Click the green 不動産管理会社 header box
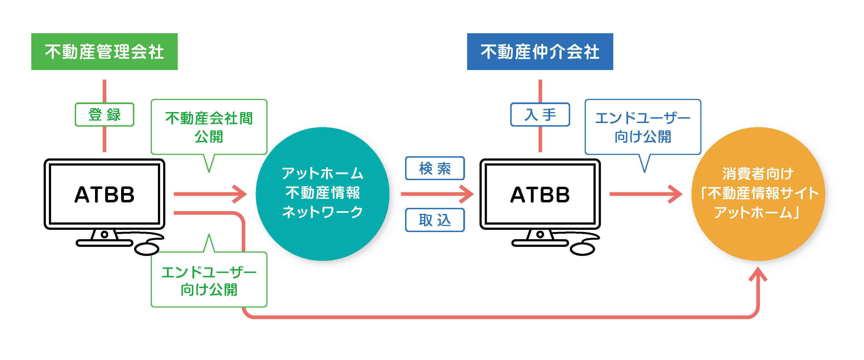(x=104, y=52)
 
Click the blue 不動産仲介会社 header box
(x=540, y=52)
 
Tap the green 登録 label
(x=104, y=115)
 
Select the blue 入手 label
(x=540, y=115)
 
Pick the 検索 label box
(x=435, y=168)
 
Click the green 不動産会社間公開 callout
(x=209, y=127)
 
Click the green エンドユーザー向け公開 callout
(x=209, y=280)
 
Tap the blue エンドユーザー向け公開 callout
(x=642, y=127)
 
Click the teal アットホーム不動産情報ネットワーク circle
(x=322, y=194)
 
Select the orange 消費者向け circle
(x=758, y=194)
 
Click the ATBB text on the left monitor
(x=104, y=195)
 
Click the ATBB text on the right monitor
(x=540, y=195)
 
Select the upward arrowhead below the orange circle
(x=758, y=274)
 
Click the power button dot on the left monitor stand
(x=104, y=234)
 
